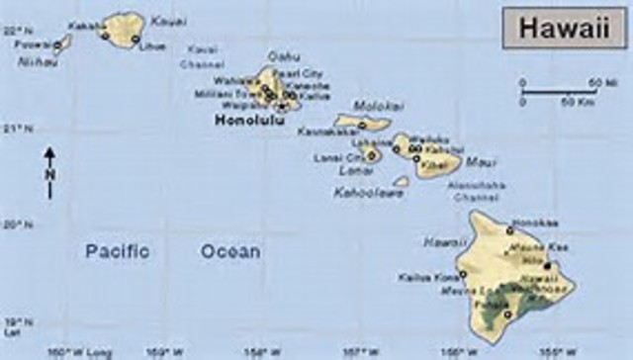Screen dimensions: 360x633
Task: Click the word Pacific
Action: tap(117, 251)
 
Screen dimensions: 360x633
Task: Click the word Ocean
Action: tap(230, 251)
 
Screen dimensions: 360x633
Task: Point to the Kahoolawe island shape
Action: tap(401, 181)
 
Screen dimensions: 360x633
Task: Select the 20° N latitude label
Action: tap(13, 225)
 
